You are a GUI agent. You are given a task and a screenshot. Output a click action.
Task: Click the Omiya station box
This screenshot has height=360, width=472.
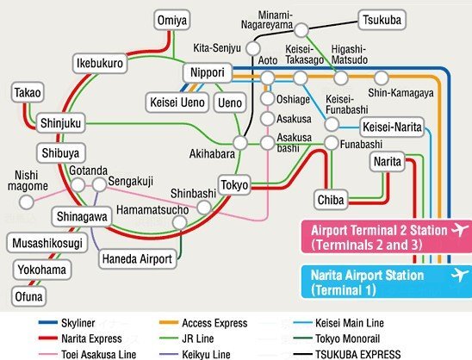pos(172,20)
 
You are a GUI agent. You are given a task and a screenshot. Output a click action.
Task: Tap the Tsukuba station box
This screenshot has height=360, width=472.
pos(382,20)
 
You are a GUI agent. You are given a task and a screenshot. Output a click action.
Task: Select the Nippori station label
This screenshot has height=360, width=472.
pos(208,72)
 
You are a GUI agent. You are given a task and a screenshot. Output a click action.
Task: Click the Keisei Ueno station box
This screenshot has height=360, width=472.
pos(177,102)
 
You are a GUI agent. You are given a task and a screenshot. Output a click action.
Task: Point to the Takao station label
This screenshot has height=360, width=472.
pos(28,92)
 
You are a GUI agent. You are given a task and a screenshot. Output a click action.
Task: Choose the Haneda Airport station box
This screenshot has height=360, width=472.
pos(137,258)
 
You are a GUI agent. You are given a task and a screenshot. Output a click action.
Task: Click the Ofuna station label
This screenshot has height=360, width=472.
pos(29,296)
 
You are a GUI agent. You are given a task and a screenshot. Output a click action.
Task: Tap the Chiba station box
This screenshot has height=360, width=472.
pos(331,200)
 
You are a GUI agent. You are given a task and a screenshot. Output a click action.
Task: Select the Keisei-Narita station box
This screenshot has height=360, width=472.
pos(392,127)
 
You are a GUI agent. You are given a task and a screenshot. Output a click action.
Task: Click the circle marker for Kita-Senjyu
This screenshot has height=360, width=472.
pos(253,48)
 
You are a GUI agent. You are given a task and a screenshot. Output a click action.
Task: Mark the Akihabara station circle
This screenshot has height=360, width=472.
pos(240,143)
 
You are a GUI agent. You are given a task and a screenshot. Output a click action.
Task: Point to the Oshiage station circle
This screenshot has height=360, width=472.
pos(267,98)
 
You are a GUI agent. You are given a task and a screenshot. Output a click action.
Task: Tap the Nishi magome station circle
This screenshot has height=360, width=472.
pos(27,202)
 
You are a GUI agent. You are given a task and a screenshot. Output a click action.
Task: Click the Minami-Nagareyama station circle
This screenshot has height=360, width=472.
pos(301,30)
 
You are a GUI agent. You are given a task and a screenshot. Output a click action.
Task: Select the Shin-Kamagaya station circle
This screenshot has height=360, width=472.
pos(381,78)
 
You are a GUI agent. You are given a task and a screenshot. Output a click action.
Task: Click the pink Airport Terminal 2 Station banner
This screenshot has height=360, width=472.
pos(387,237)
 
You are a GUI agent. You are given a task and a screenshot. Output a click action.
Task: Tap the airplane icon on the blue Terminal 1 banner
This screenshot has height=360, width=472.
pos(460,275)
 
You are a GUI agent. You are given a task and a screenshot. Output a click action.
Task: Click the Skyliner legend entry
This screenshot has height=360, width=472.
pos(67,323)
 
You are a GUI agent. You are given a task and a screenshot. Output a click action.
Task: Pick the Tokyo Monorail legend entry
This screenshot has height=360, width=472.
pos(337,338)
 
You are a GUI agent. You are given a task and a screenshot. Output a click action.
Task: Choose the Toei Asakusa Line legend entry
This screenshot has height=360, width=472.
pos(87,354)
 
